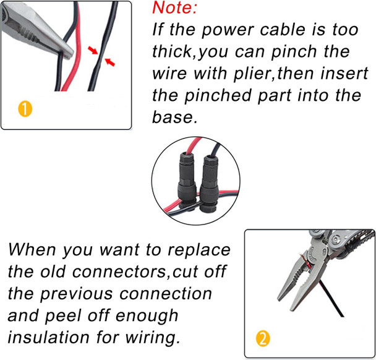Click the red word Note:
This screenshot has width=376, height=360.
coord(174,7)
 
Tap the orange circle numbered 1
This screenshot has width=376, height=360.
coord(25,109)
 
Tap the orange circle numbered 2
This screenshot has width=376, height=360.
coord(263,338)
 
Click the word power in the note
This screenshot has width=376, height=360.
coord(227,30)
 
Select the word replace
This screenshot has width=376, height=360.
coord(199,251)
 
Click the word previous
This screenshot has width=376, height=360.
coord(76,294)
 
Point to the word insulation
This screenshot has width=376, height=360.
coord(49,337)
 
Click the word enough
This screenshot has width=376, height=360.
coord(147,316)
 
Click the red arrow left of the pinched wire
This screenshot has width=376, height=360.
coord(93,51)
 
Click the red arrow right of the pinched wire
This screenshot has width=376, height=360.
coord(110,62)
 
